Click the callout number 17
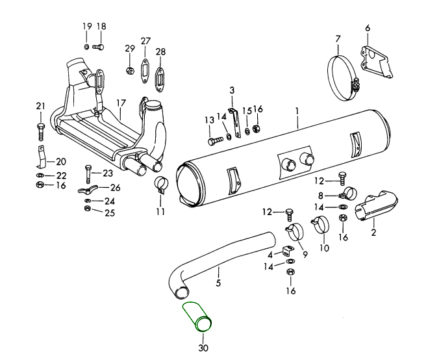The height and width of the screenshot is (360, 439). (x=121, y=103)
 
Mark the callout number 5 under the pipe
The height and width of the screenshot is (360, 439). (x=218, y=283)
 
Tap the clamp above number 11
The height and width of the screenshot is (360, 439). (x=160, y=186)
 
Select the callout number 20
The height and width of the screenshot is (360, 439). (x=61, y=162)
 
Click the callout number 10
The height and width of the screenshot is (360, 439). (x=324, y=248)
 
